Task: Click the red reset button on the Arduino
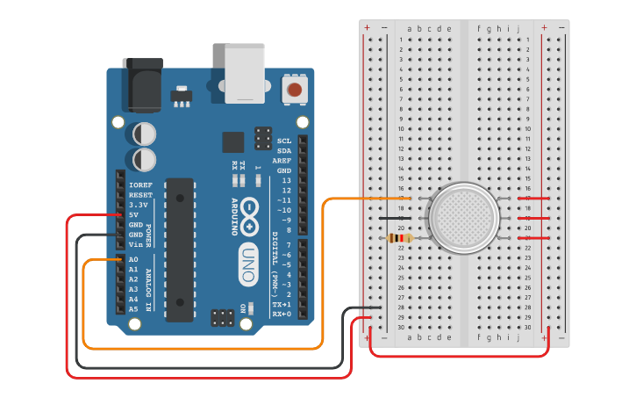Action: coord(295,89)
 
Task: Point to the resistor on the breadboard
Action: coord(400,238)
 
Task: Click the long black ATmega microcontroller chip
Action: coord(179,250)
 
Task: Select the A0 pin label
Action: coord(133,260)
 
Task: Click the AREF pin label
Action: coord(282,161)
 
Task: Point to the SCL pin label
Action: coord(284,141)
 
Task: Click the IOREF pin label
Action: coord(139,185)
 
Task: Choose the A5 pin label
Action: coord(133,309)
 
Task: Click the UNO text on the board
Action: coord(248,264)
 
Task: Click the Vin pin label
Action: coord(135,245)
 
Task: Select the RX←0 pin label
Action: coord(282,314)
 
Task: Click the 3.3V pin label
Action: coord(138,205)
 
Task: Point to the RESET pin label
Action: coord(139,195)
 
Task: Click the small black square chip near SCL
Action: coord(233,142)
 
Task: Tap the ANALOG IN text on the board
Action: coord(147,290)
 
